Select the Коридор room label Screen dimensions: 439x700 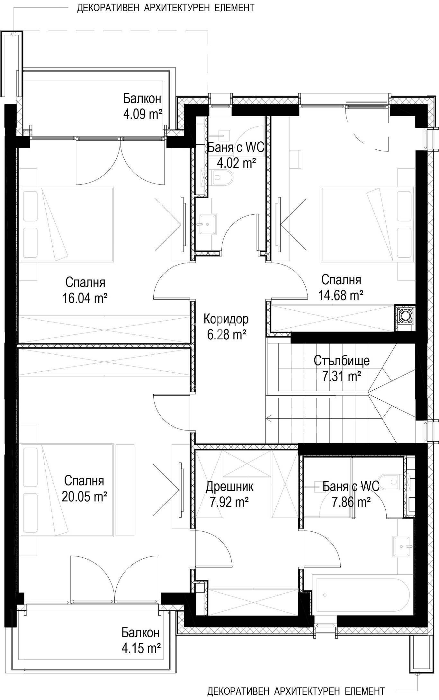point(226,319)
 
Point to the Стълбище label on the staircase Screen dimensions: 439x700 point(342,360)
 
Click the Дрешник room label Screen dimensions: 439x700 point(229,486)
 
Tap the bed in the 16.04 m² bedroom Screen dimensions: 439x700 point(67,225)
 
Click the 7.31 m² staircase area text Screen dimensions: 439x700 point(342,376)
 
